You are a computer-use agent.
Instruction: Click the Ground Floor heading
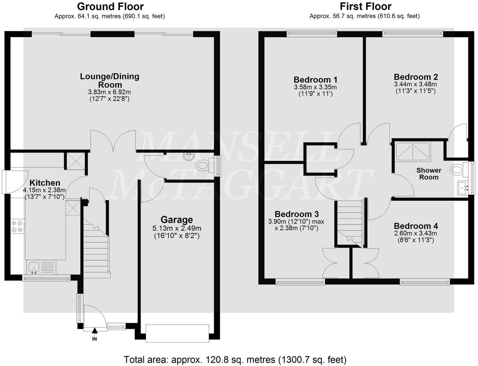point(110,6)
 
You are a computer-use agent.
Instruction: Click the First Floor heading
point(365,6)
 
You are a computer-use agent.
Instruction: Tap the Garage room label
point(177,220)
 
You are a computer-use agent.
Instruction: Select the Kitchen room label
point(45,183)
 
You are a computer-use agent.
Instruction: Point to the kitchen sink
point(34,268)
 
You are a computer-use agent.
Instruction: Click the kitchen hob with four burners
point(17,226)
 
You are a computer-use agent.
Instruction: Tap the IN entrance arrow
point(95,332)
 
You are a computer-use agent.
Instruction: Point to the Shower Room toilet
point(457,170)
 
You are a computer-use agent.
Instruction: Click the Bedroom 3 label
point(296,214)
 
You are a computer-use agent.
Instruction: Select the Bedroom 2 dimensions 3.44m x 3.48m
point(416,84)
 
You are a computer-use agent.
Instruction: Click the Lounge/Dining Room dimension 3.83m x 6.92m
point(109,92)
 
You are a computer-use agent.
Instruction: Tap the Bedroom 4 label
point(416,226)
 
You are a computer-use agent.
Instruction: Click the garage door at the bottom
point(177,333)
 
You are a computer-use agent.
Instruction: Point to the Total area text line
point(235,360)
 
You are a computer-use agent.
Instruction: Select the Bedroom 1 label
point(315,80)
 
